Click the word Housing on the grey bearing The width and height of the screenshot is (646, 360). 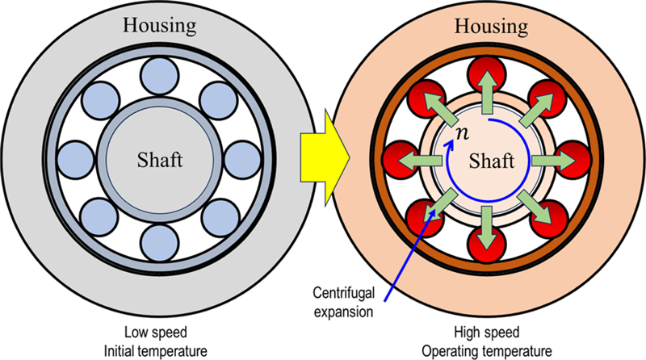click(x=158, y=25)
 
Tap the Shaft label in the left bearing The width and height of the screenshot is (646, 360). click(x=159, y=159)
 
